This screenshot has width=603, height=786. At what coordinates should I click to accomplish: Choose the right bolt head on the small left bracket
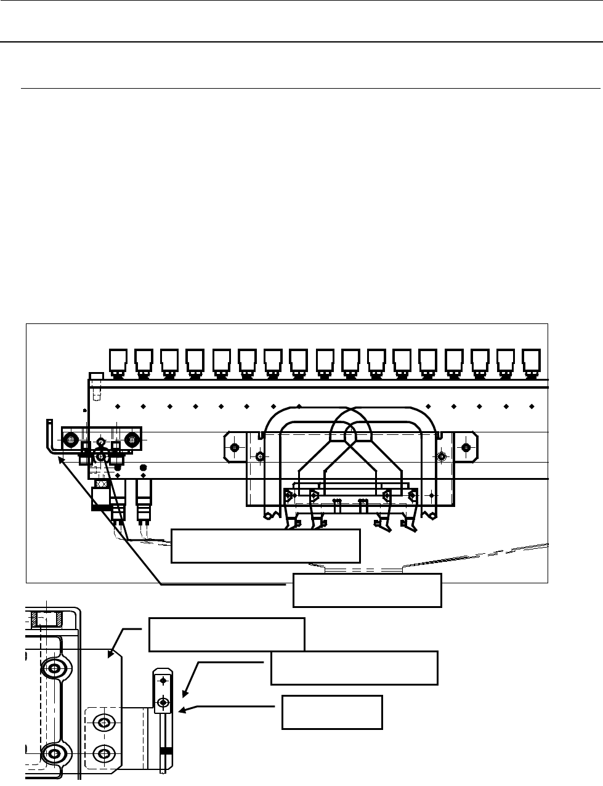pyautogui.click(x=130, y=440)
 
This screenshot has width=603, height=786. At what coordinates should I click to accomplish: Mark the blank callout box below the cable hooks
pyautogui.click(x=265, y=545)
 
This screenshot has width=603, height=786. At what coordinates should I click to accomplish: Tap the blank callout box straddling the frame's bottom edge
pyautogui.click(x=367, y=590)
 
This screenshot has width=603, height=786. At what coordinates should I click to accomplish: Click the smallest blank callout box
pyautogui.click(x=332, y=713)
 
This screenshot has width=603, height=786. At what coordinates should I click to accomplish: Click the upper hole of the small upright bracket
pyautogui.click(x=163, y=681)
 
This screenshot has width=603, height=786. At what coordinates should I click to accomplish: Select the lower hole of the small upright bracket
pyautogui.click(x=163, y=702)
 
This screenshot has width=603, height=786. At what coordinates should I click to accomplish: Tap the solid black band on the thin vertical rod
pyautogui.click(x=164, y=752)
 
